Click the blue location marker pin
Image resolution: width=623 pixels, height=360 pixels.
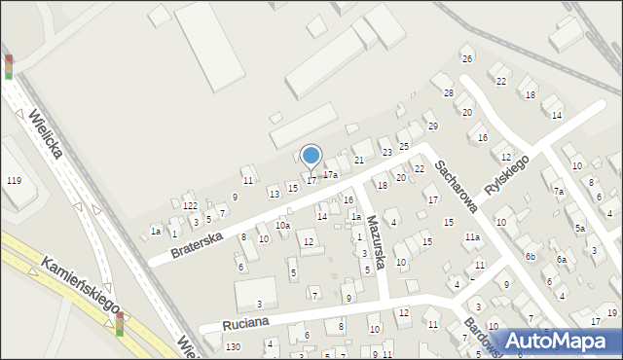coord(311,156)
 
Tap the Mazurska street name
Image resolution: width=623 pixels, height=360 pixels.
coord(376,248)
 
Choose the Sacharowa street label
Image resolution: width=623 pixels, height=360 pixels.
coord(455,186)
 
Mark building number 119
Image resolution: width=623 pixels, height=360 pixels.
coord(14,181)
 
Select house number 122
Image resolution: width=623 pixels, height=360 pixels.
coord(191,205)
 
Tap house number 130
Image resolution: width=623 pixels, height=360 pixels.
coord(232,347)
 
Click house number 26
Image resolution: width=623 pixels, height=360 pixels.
coord(467,58)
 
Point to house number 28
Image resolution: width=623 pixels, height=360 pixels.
coord(449,92)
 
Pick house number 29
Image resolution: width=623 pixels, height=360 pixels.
coord(432,126)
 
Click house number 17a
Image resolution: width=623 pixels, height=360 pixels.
coord(330,175)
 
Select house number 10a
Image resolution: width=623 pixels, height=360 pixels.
coord(282,226)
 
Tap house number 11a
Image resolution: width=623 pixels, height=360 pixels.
coord(472,237)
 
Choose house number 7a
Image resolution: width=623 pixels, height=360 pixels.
coord(559,192)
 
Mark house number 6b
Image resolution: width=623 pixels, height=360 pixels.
coord(531,256)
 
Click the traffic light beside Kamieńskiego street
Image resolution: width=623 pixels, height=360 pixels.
coord(120,324)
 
